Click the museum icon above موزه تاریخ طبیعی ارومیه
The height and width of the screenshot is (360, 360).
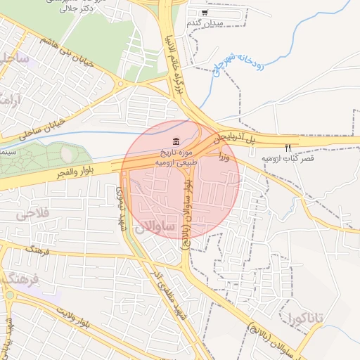[x=174, y=142]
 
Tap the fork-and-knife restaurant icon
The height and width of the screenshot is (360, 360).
[x=288, y=148]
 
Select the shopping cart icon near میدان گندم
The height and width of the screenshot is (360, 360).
[x=205, y=13]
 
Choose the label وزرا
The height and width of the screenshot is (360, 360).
[x=224, y=155]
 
